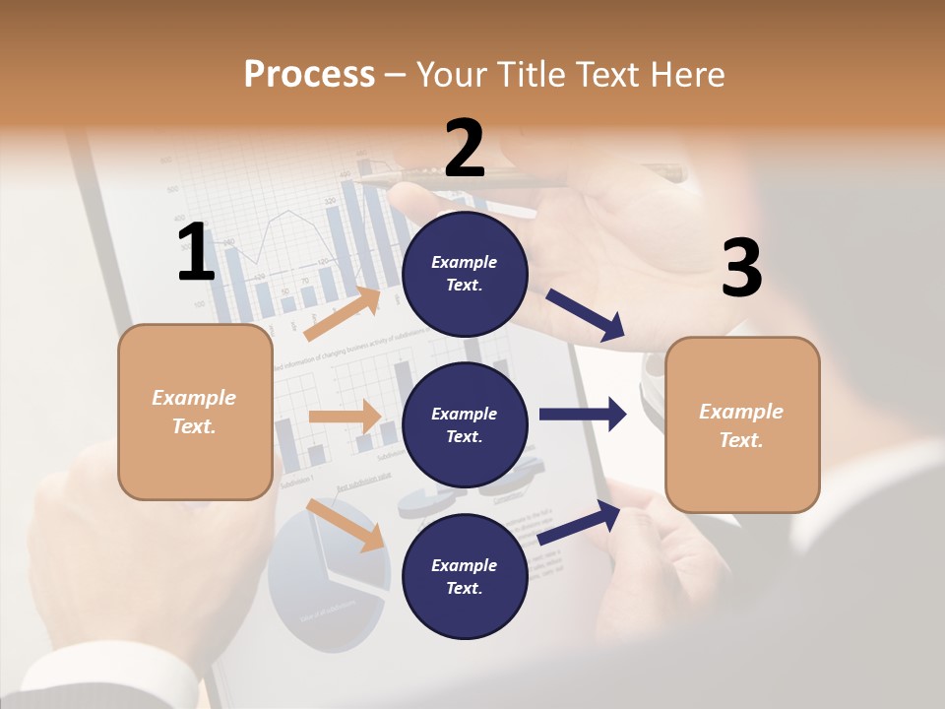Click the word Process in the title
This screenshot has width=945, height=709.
pos(309,74)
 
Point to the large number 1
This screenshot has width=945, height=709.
pos(196,252)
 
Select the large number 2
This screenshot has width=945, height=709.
pos(465,149)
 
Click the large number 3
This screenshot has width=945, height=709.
pos(741,268)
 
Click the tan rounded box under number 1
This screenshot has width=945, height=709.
pos(195,412)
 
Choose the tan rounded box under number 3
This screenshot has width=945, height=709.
pos(742,424)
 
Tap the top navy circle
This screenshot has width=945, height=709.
pos(465,274)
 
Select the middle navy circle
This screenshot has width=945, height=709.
pos(465,424)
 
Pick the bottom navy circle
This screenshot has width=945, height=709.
pos(465,576)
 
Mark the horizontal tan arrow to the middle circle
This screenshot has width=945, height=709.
pos(345,417)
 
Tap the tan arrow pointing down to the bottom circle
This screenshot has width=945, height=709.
pos(346,525)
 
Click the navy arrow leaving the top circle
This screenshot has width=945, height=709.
pos(585,315)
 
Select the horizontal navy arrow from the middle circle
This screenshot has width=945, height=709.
pos(583,415)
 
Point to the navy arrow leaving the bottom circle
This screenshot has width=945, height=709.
pos(580,522)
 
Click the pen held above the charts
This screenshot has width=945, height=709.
pos(512,178)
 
